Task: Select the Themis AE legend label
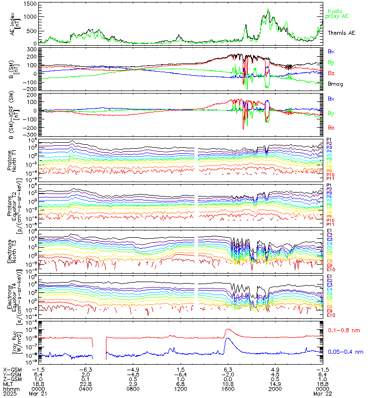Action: pos(342,32)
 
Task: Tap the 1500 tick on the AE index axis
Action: pos(29,4)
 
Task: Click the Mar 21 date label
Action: pos(36,395)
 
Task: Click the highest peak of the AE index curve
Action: pos(269,9)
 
